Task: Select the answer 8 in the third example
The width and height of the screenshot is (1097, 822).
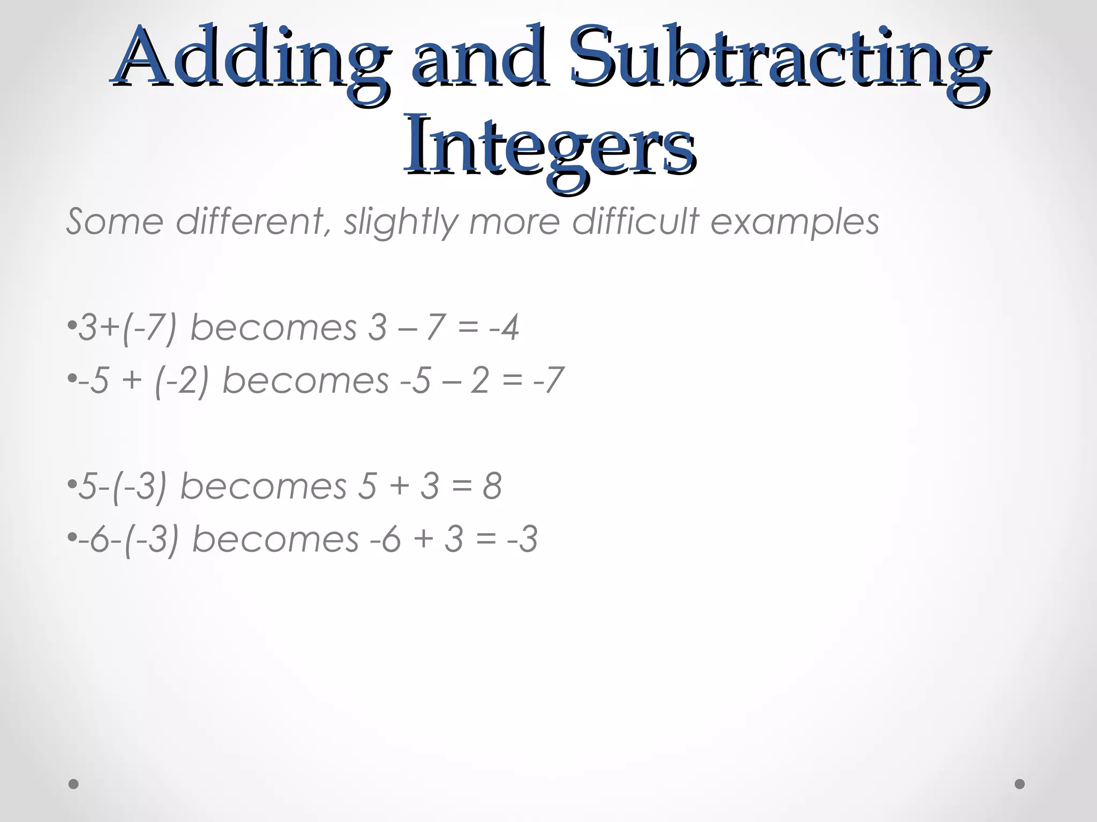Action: click(x=492, y=486)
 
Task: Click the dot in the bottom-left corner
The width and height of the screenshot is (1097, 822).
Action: click(x=74, y=784)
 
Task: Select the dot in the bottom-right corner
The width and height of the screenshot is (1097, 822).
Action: click(x=1020, y=784)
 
